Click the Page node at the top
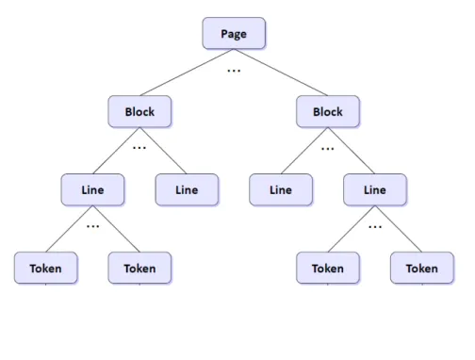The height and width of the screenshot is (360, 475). point(234,33)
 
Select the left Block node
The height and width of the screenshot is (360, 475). point(139,111)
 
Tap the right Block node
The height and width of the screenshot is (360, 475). point(328,111)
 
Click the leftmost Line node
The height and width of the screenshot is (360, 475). point(92,189)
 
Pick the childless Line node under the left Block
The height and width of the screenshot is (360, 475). point(187,189)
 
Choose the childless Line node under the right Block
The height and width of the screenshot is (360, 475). point(281,189)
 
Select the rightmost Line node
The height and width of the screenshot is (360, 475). point(375,189)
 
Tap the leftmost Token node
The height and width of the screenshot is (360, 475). point(46,268)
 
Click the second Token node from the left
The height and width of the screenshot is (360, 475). point(139,268)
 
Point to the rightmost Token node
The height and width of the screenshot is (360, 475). point(422,268)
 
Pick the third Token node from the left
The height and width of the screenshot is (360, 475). point(328,268)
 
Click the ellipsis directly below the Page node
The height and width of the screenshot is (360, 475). point(234,71)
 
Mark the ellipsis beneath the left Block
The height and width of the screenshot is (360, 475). point(139,147)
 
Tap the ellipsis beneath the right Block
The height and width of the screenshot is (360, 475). point(328,149)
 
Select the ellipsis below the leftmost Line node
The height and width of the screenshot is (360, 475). point(92,226)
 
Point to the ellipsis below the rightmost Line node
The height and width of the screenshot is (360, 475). point(375,226)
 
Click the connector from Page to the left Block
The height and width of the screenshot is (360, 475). point(187,73)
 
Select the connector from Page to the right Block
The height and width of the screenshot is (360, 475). point(281,73)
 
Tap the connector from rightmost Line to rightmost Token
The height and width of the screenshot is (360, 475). point(399,229)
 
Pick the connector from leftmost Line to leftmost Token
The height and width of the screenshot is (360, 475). point(69,229)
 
